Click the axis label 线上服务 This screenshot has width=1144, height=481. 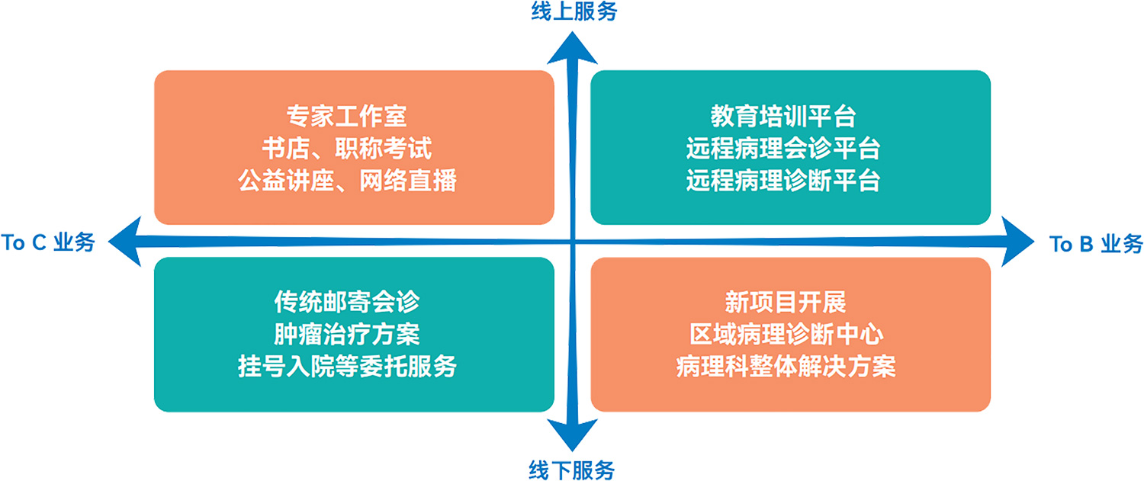tap(573, 12)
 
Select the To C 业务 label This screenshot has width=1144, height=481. tap(48, 243)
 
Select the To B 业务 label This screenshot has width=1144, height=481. tap(1096, 244)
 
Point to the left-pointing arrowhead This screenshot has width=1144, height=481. tap(126, 241)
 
